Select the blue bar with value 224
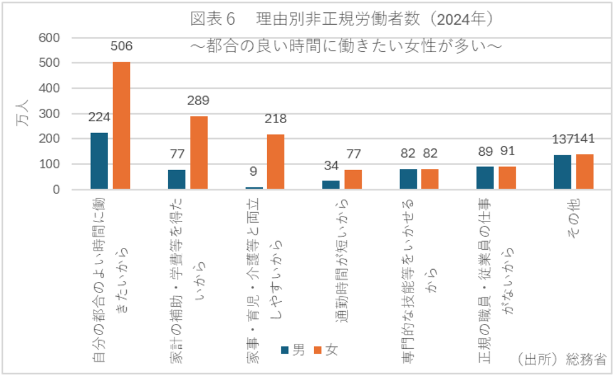coord(99,161)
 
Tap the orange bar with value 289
coord(198,153)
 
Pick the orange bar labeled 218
coord(276,161)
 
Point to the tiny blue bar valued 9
coord(254,188)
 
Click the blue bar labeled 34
coord(331,185)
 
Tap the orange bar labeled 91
coord(507,177)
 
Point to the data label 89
coord(485,152)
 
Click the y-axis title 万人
coord(22,114)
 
